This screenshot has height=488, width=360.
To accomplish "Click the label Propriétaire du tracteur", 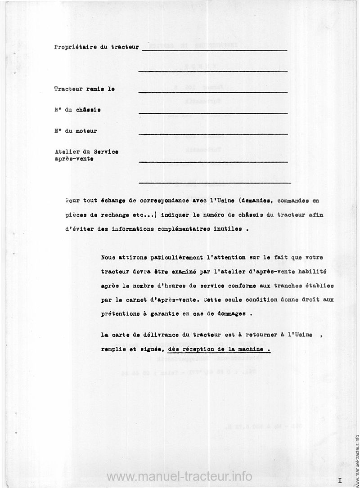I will point(96,47).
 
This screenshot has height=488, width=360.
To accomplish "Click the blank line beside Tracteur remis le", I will point(213,92).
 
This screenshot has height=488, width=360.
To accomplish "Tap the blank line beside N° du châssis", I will point(213,113).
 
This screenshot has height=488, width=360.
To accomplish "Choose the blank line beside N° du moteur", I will point(213,134).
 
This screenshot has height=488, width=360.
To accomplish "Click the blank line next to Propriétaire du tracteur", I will point(214,50).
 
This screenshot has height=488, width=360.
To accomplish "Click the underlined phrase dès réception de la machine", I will point(219,349).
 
